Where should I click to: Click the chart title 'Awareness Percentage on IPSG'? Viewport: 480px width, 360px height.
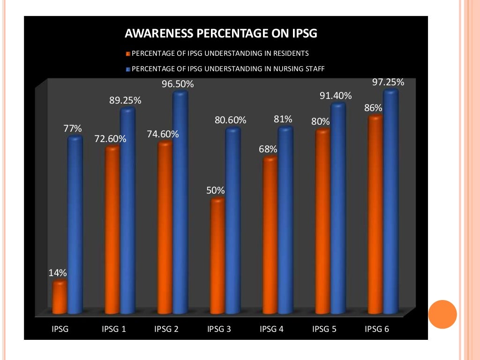(221, 34)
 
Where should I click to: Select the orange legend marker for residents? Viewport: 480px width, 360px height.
(128, 53)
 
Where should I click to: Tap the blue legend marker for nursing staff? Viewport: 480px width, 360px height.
(128, 69)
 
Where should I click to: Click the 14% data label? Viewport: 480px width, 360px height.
(58, 273)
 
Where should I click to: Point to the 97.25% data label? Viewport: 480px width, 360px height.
(388, 82)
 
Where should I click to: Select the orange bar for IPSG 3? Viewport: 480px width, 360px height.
(217, 255)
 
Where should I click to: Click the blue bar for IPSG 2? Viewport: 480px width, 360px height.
(180, 202)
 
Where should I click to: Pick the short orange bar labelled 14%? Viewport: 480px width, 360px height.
(60, 297)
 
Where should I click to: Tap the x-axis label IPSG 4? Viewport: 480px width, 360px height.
(271, 329)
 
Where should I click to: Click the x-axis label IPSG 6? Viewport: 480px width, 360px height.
(377, 329)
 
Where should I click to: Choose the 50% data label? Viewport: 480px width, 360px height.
(216, 191)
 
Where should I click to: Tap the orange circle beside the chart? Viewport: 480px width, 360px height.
(442, 314)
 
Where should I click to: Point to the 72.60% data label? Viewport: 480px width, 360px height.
(110, 139)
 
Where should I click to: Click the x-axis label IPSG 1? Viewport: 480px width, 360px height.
(114, 329)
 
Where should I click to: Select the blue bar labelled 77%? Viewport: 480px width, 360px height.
(75, 225)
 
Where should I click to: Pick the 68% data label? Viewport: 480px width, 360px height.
(268, 150)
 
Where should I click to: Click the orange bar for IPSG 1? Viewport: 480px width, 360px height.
(112, 230)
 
